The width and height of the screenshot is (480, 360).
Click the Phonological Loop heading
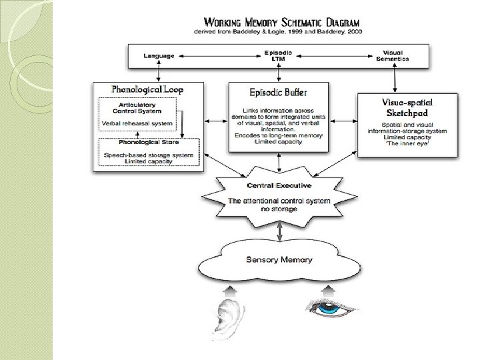tap(148, 89)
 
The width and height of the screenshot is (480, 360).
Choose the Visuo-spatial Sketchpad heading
tap(407, 107)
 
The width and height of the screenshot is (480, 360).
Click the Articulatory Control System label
tap(138, 108)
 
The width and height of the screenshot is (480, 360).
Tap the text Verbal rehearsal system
tap(137, 124)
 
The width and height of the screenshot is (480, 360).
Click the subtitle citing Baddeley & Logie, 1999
tap(275, 32)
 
